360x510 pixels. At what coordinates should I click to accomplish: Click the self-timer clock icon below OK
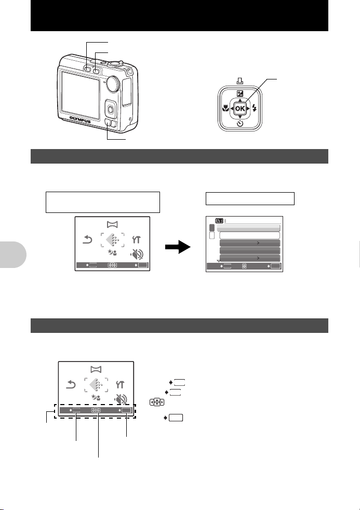point(239,125)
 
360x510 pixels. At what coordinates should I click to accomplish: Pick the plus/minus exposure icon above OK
point(239,93)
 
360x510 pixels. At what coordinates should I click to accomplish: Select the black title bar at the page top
point(180,16)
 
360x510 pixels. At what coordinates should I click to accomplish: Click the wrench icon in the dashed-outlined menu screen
point(119,384)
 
